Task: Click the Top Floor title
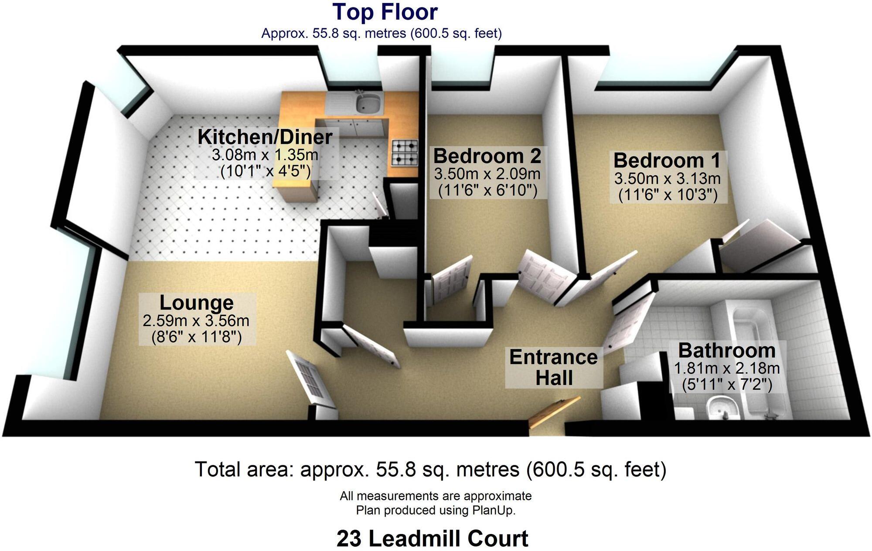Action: tap(385, 12)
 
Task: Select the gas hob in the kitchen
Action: tap(405, 153)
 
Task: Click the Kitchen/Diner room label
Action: tap(265, 137)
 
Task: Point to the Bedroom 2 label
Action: tap(487, 156)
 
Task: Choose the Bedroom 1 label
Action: tap(667, 160)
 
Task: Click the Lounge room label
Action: tap(196, 303)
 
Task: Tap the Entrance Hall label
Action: tap(553, 367)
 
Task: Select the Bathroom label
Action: tap(727, 350)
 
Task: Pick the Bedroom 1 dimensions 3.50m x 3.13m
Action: tap(668, 179)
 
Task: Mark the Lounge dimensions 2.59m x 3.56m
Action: tap(196, 321)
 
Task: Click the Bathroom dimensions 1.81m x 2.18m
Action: tap(727, 369)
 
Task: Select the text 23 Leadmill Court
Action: tap(432, 539)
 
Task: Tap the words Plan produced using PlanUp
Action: tap(436, 510)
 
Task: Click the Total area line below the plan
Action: tap(430, 469)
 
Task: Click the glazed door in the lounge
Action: tap(311, 378)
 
